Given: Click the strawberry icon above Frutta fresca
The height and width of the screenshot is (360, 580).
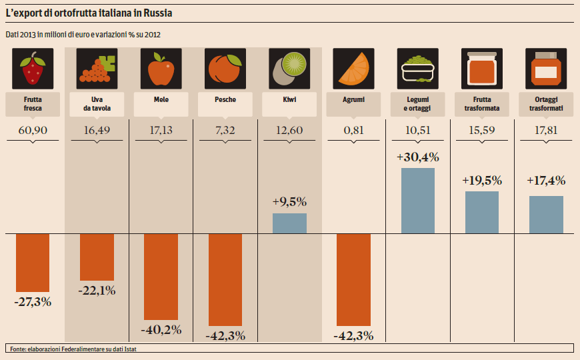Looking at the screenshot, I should coord(33,69).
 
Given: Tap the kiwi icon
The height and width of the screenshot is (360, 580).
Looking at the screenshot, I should coord(289,69).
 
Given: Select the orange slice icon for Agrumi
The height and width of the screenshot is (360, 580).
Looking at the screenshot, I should coord(353,69).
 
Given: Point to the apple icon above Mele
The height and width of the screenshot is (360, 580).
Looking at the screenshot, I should coord(161,69).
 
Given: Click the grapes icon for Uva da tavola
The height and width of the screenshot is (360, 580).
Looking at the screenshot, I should coord(97,69).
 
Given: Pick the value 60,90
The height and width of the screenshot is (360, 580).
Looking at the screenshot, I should coord(33,130).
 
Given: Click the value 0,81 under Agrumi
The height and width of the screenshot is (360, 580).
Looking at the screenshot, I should coord(353,130).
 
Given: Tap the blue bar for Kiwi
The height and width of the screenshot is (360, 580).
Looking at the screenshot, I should coord(289,223).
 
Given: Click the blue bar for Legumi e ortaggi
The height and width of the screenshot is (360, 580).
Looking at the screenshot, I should coord(417,200).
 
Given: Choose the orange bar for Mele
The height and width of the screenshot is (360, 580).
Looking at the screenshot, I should coord(161,277).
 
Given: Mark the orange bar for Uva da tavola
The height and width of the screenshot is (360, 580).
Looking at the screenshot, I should coord(97,257).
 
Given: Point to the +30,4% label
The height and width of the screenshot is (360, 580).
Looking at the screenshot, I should coord(417,158).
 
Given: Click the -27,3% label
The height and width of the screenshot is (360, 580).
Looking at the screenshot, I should coord(33,301).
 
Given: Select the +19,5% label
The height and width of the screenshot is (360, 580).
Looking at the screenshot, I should coord(481,181).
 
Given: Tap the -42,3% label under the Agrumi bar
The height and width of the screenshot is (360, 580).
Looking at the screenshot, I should coord(353,335).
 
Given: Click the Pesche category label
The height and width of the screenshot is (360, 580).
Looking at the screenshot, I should coord(225,99).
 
